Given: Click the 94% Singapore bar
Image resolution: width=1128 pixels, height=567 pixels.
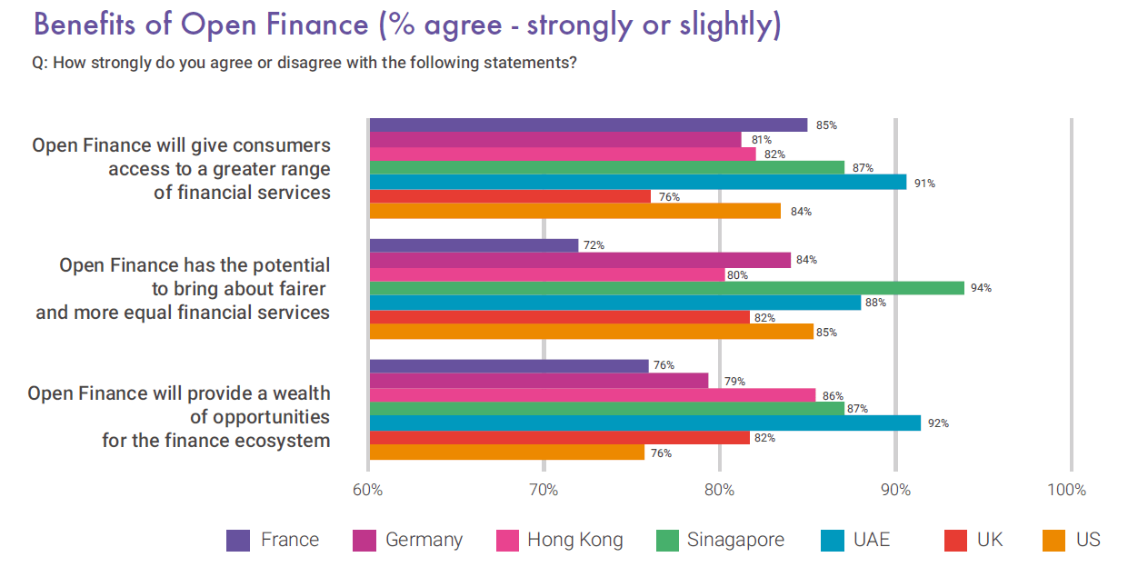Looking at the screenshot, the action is pyautogui.click(x=667, y=288).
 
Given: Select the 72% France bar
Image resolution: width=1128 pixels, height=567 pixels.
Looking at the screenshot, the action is pyautogui.click(x=474, y=245).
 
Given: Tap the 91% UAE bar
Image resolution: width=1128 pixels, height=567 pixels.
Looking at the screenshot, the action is pyautogui.click(x=638, y=182).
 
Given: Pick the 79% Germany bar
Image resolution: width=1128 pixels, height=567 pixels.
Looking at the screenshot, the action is pyautogui.click(x=539, y=381).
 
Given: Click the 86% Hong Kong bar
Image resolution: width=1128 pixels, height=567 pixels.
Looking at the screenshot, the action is pyautogui.click(x=593, y=395).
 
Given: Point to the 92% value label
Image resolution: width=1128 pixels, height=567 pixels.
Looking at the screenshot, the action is pyautogui.click(x=938, y=423).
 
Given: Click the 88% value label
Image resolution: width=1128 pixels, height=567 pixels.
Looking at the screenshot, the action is pyautogui.click(x=875, y=303).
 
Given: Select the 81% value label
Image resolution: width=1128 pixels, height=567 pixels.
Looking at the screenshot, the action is pyautogui.click(x=762, y=140).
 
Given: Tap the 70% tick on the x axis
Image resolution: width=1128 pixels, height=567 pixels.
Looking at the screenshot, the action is pyautogui.click(x=544, y=490).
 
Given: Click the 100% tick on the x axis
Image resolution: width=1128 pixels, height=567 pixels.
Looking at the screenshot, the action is pyautogui.click(x=1066, y=490).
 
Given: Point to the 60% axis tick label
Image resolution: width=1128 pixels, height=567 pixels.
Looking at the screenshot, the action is pyautogui.click(x=367, y=490).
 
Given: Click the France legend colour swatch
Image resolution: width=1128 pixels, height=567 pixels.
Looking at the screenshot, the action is pyautogui.click(x=237, y=541).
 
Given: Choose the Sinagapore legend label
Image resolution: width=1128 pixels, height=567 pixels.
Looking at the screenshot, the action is pyautogui.click(x=735, y=540).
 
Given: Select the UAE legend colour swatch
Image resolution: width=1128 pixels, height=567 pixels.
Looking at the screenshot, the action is pyautogui.click(x=832, y=541).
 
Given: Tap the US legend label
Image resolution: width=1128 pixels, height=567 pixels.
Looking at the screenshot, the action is pyautogui.click(x=1088, y=540).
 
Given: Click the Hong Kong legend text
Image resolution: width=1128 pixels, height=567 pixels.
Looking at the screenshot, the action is pyautogui.click(x=575, y=541).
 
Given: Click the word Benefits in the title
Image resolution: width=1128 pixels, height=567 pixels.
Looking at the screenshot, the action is pyautogui.click(x=85, y=25).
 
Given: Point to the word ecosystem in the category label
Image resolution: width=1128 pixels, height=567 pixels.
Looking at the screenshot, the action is pyautogui.click(x=283, y=441).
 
